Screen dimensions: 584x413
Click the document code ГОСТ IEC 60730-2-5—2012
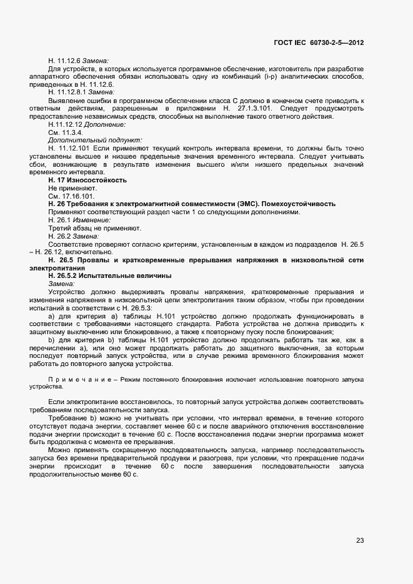[x=319, y=42]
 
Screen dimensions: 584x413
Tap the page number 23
[x=360, y=541]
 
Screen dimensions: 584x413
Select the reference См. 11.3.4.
[x=66, y=132]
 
